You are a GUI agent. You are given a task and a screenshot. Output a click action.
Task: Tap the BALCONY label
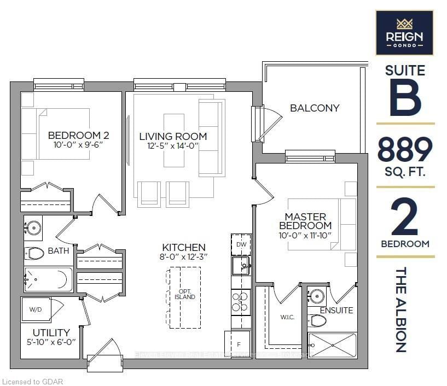point(315,108)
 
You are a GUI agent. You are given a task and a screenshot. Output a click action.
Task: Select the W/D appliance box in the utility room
point(36,309)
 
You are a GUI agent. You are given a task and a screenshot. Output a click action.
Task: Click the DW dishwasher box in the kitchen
point(241,244)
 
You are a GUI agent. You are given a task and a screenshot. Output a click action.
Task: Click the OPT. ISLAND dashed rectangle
point(184,297)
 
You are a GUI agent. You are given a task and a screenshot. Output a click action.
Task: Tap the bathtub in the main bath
point(49,280)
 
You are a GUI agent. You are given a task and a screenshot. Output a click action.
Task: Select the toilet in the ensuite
point(317,320)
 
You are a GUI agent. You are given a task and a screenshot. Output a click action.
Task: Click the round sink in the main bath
point(34,227)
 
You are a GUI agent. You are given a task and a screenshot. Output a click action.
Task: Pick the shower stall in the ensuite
point(332,345)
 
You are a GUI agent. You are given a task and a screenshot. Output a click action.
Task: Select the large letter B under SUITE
point(405,98)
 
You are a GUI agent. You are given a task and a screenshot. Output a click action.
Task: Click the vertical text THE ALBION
point(402,309)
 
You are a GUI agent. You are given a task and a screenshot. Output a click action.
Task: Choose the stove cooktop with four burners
point(240,302)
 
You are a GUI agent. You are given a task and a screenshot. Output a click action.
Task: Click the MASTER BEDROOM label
point(305,221)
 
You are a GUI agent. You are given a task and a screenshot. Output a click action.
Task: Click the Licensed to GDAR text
point(33,381)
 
